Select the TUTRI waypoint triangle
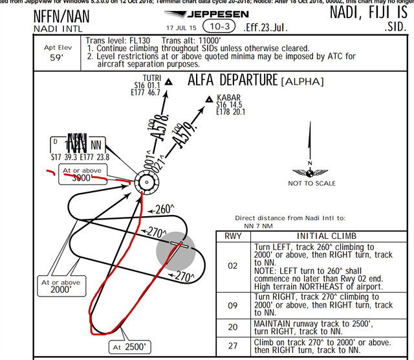tap(168, 82)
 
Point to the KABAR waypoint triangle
tap(208, 99)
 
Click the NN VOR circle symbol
tap(146, 183)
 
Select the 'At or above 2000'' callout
tap(61, 286)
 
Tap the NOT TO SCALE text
tap(312, 183)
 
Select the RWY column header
tap(232, 236)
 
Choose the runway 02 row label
tap(232, 265)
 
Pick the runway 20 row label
tap(232, 327)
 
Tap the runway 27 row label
tap(232, 346)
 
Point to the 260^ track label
tap(164, 209)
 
